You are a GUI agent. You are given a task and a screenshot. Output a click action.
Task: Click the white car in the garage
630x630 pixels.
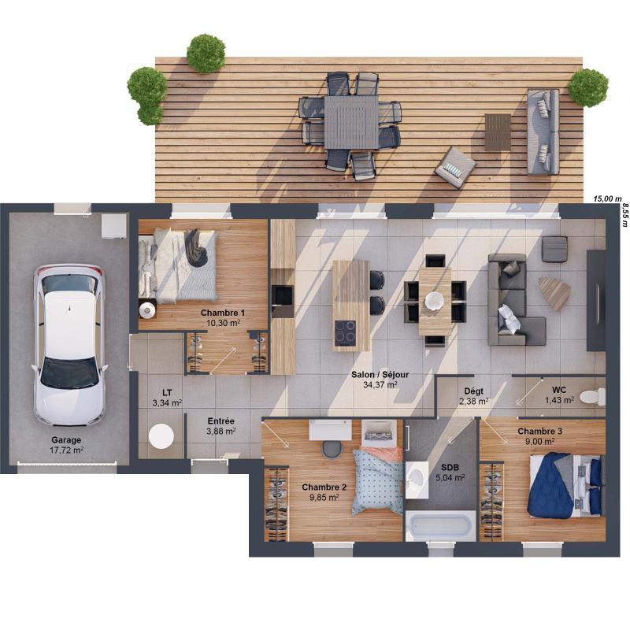(x=69, y=344)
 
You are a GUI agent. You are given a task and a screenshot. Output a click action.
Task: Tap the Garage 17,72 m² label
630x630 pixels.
(x=66, y=445)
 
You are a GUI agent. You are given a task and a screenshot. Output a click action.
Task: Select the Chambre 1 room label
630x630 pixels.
(x=221, y=317)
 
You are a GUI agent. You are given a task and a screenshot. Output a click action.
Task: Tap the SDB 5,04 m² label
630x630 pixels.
(x=450, y=472)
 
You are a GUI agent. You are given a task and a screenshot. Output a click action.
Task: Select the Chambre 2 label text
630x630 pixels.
(x=324, y=492)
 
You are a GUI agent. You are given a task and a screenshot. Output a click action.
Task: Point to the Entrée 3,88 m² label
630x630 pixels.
(x=220, y=426)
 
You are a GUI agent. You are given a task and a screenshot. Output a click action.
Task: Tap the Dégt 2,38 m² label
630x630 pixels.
(x=473, y=395)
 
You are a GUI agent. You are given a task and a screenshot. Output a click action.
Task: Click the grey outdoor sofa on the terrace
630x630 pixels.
(x=543, y=131)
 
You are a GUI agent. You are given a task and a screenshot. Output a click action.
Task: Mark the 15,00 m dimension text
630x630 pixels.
(x=607, y=198)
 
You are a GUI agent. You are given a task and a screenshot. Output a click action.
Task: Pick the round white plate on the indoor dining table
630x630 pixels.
(x=435, y=300)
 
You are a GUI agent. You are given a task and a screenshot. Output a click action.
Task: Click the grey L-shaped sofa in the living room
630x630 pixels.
(x=512, y=303)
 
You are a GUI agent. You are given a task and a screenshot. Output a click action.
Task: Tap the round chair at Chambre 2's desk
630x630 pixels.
(x=332, y=448)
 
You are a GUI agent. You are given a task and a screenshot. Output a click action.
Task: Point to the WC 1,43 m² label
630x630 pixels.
(x=558, y=395)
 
